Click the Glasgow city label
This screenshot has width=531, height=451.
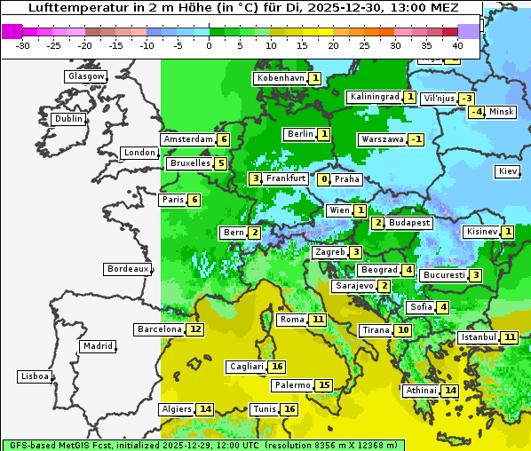(86, 76)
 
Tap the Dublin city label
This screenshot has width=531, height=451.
(68, 119)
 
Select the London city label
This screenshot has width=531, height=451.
(139, 153)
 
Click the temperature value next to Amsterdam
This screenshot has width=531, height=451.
(224, 139)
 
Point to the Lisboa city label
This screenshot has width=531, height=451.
(35, 376)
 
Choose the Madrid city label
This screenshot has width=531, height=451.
(97, 346)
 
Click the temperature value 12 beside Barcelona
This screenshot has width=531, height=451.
(195, 329)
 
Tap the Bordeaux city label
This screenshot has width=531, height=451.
(128, 268)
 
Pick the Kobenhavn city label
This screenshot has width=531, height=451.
(281, 78)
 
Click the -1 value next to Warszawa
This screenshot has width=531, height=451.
(416, 139)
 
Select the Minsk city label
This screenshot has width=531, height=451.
(502, 111)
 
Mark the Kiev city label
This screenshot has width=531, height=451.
(508, 171)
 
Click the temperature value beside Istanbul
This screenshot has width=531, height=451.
(510, 337)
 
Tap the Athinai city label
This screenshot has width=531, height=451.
(422, 391)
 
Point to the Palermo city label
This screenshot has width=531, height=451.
(292, 385)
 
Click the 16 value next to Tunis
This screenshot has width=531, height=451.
(289, 409)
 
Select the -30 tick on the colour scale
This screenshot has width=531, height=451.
(23, 44)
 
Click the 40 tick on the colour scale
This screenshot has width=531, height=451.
(457, 44)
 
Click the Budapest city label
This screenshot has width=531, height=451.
(409, 222)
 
